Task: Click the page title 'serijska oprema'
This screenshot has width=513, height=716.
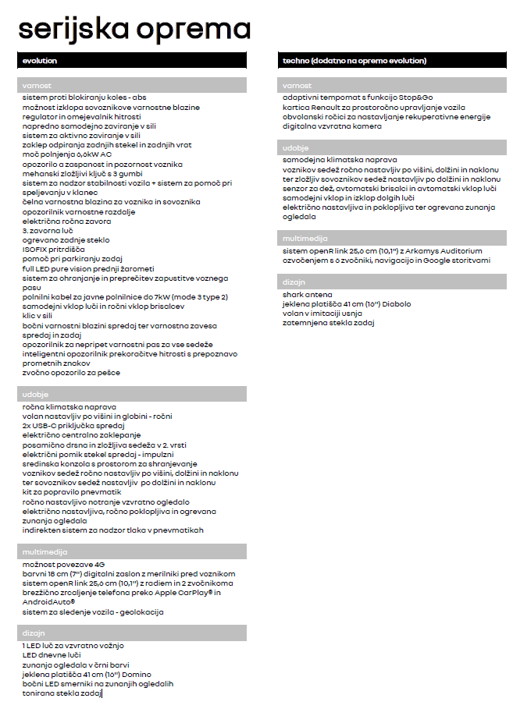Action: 134,29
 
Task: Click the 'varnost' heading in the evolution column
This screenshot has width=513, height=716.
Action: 37,85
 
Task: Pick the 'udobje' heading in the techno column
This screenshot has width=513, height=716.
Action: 295,147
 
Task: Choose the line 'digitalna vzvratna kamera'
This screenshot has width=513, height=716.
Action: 333,126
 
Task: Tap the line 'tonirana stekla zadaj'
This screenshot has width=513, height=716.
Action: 62,693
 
